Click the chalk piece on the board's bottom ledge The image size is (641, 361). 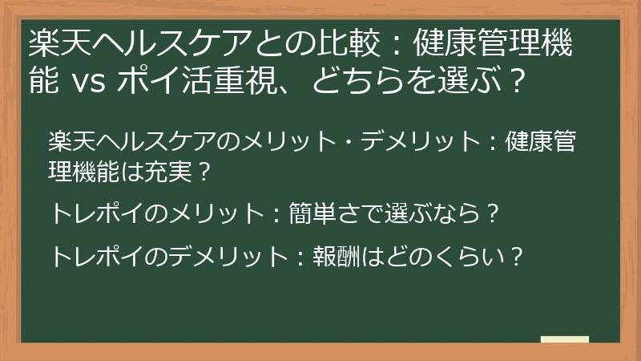[x=564, y=339]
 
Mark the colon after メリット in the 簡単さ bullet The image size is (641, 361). [x=273, y=214]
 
